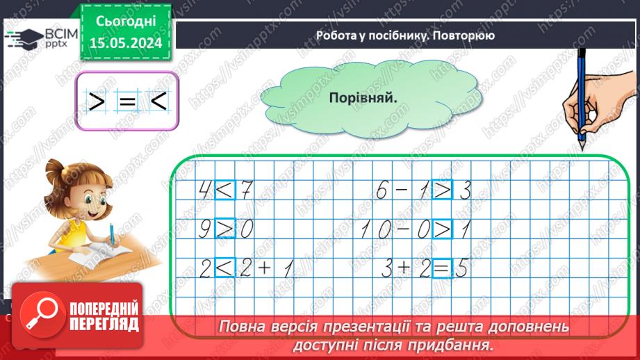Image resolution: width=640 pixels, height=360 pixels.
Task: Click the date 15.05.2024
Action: (125, 43)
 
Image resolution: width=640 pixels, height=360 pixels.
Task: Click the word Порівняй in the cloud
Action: (363, 98)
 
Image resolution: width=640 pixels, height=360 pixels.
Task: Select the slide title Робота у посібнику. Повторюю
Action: (404, 35)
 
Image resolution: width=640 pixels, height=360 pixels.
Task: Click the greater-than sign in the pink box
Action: (96, 102)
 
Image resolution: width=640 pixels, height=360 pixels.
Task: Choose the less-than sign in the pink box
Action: (157, 102)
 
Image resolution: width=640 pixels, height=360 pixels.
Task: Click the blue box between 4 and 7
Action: (224, 189)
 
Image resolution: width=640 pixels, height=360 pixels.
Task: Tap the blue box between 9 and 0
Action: (224, 228)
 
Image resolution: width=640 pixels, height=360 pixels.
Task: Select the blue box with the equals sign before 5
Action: (441, 268)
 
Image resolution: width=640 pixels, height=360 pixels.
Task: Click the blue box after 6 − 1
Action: (441, 189)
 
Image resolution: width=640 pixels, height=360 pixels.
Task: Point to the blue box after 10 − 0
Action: (441, 228)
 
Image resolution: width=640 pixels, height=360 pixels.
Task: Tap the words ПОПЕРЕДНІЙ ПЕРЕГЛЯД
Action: (104, 316)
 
